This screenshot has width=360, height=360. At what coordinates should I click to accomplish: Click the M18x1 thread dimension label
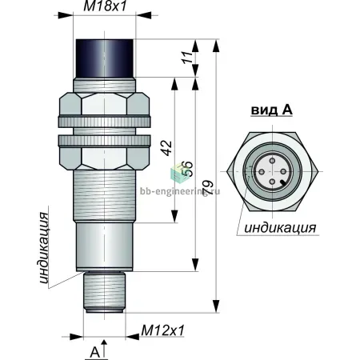(x=105, y=6)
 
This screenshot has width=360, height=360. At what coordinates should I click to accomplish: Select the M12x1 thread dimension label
(x=162, y=330)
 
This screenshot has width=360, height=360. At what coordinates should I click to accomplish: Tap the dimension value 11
(x=188, y=57)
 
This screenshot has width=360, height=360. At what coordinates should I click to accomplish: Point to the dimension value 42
(x=167, y=148)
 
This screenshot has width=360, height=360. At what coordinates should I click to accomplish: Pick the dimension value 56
(x=187, y=169)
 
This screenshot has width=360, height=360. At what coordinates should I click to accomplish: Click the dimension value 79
(x=208, y=188)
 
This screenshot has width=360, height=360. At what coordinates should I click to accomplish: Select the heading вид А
(x=272, y=110)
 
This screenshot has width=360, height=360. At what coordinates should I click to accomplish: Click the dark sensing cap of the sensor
(x=105, y=58)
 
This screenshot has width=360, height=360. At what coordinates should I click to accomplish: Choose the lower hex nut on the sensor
(x=104, y=158)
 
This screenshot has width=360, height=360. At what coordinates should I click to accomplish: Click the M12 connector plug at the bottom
(x=104, y=292)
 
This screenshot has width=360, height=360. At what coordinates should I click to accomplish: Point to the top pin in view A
(x=272, y=161)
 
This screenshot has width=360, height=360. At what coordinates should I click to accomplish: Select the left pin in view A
(x=262, y=171)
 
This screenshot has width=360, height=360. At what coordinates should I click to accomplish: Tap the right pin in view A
(x=283, y=171)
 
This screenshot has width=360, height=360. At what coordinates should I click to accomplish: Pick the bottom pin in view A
(x=272, y=182)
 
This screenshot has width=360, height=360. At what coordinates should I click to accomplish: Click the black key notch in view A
(x=283, y=182)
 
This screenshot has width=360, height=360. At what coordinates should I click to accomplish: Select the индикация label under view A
(x=280, y=228)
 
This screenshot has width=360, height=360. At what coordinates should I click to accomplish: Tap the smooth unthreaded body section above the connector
(x=104, y=246)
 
